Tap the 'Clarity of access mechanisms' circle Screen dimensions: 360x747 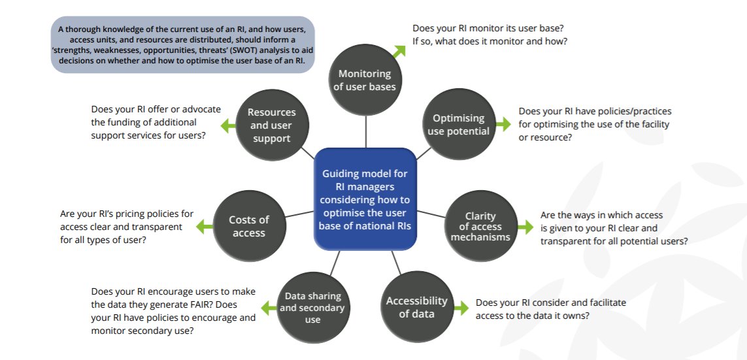click(480, 226)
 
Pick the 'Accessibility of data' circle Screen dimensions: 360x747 click(416, 307)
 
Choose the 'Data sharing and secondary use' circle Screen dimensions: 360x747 click(312, 306)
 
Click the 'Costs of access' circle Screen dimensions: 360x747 click(249, 226)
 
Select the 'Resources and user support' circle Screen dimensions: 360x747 click(271, 125)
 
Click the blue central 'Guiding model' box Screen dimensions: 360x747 click(365, 199)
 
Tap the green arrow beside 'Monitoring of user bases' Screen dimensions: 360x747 click(398, 50)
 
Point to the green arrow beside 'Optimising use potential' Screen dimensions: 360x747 click(503, 123)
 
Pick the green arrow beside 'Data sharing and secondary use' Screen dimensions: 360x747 click(269, 307)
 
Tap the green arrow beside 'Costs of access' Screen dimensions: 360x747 click(205, 225)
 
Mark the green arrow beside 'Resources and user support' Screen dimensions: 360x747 click(227, 124)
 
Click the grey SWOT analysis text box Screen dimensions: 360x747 click(182, 44)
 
